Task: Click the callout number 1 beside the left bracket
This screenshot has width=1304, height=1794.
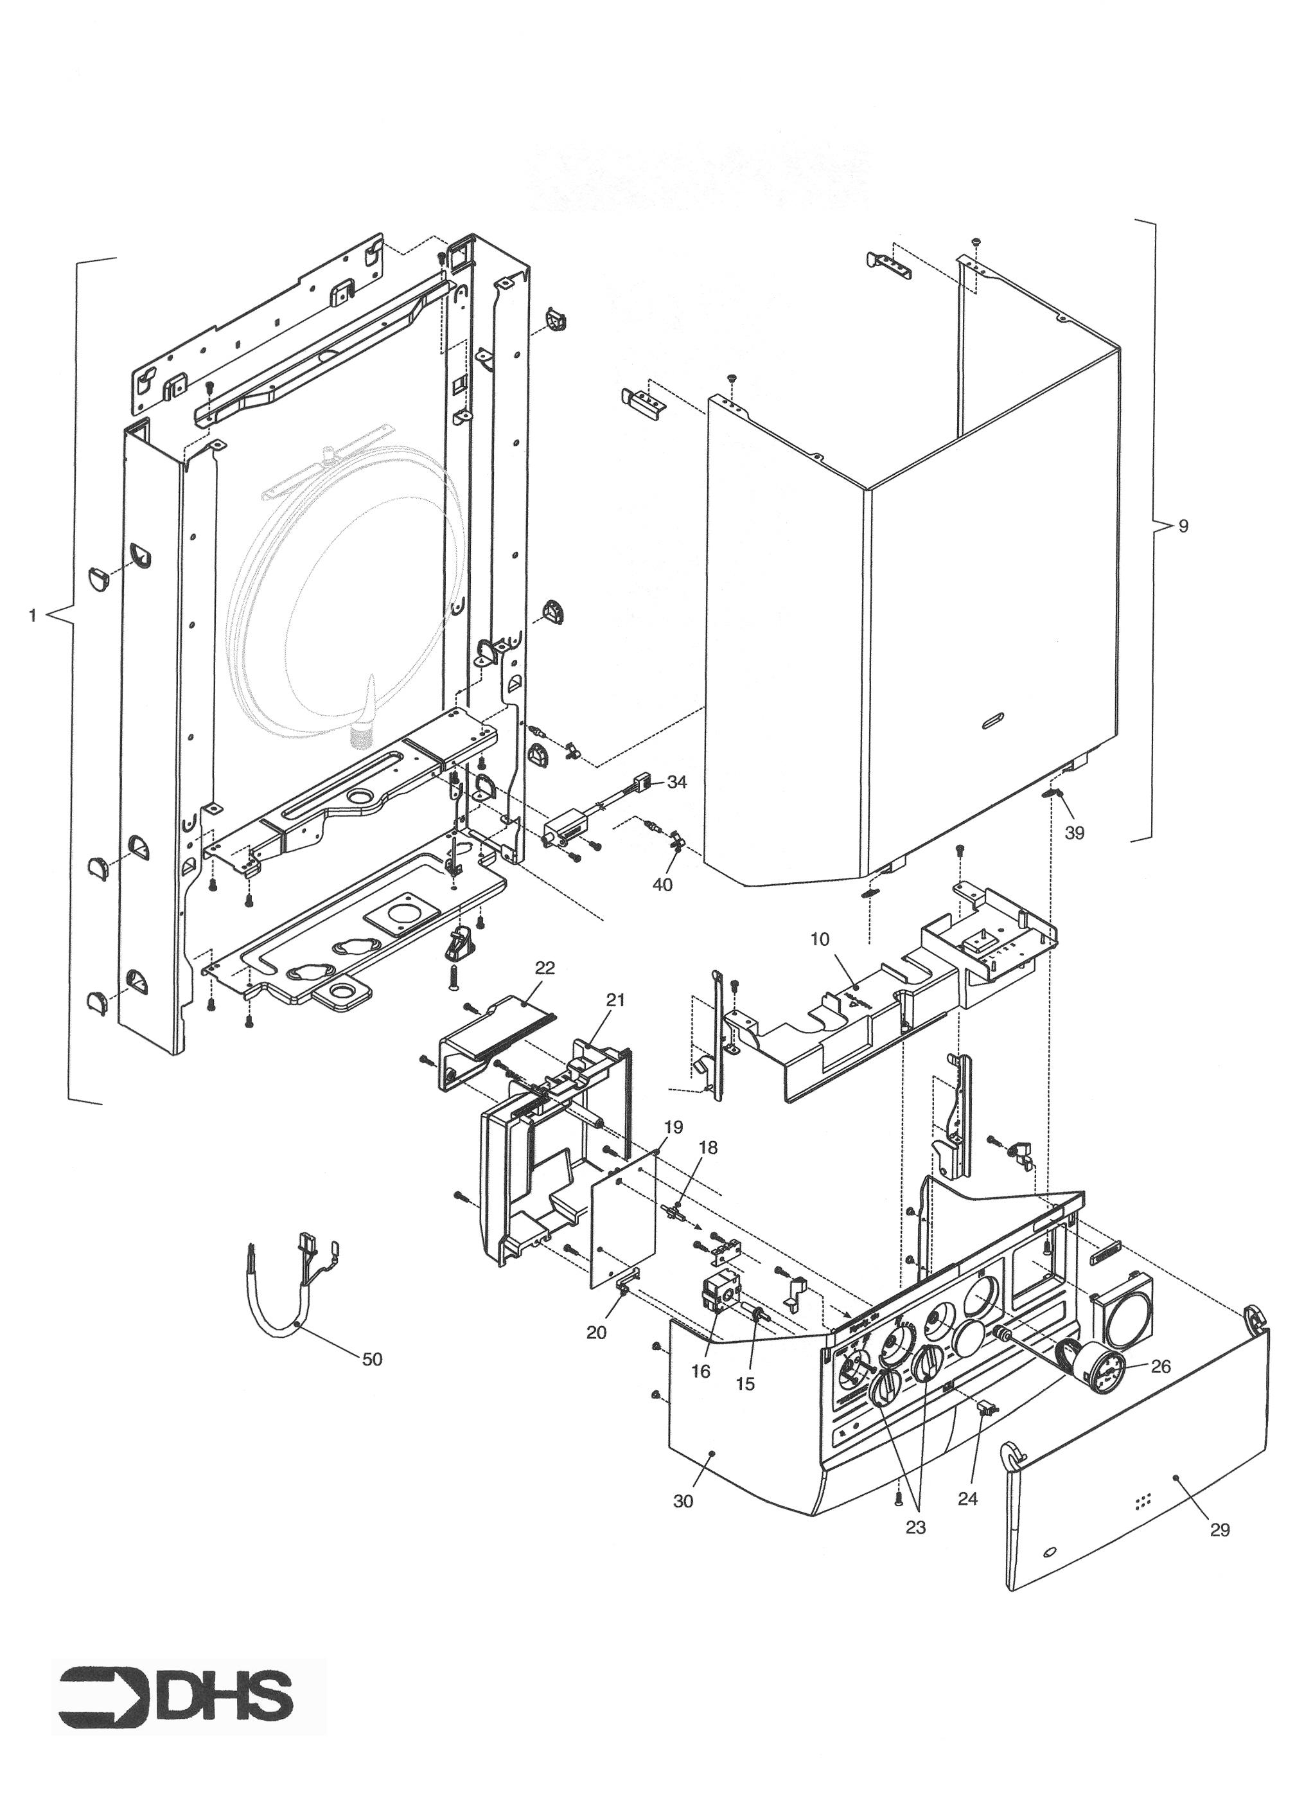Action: pos(32,616)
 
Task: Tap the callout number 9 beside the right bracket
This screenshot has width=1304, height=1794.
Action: pos(1183,526)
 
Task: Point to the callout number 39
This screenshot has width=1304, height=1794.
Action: pos(1074,833)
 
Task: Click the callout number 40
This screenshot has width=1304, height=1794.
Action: pos(663,885)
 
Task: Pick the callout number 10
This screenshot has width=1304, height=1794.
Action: pos(820,939)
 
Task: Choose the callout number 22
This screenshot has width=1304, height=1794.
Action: pos(545,968)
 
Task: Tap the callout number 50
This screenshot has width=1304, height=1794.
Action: pos(372,1359)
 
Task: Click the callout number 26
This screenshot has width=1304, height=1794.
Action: pos(1160,1367)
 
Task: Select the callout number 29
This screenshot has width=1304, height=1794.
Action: pos(1220,1530)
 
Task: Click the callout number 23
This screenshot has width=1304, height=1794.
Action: pos(916,1527)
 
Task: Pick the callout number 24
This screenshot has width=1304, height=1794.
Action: pos(968,1498)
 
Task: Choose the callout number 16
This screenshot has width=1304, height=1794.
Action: pos(701,1372)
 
